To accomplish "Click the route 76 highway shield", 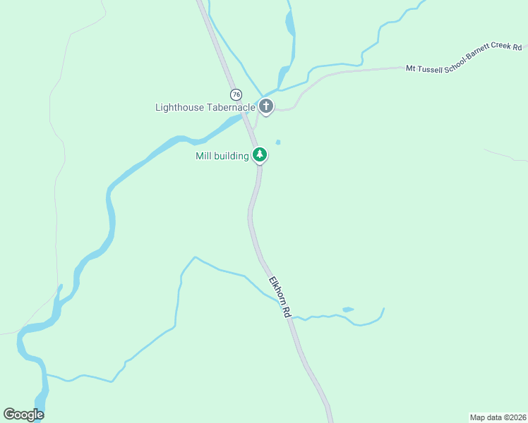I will pos(236,94).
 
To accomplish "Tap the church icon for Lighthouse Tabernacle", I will pos(266,107).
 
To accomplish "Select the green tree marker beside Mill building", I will pos(260,155).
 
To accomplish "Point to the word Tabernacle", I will pos(230,108).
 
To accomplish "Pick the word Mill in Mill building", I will pos(203,156).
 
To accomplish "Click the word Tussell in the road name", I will pos(430,68).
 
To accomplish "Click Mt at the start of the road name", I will pos(410,69).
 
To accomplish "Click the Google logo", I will pos(23,415).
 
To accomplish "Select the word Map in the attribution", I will pos(478,417).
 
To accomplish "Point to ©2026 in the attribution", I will pos(513,417).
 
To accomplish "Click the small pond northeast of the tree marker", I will pos(278,142).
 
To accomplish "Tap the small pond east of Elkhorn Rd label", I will pos(347,309).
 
